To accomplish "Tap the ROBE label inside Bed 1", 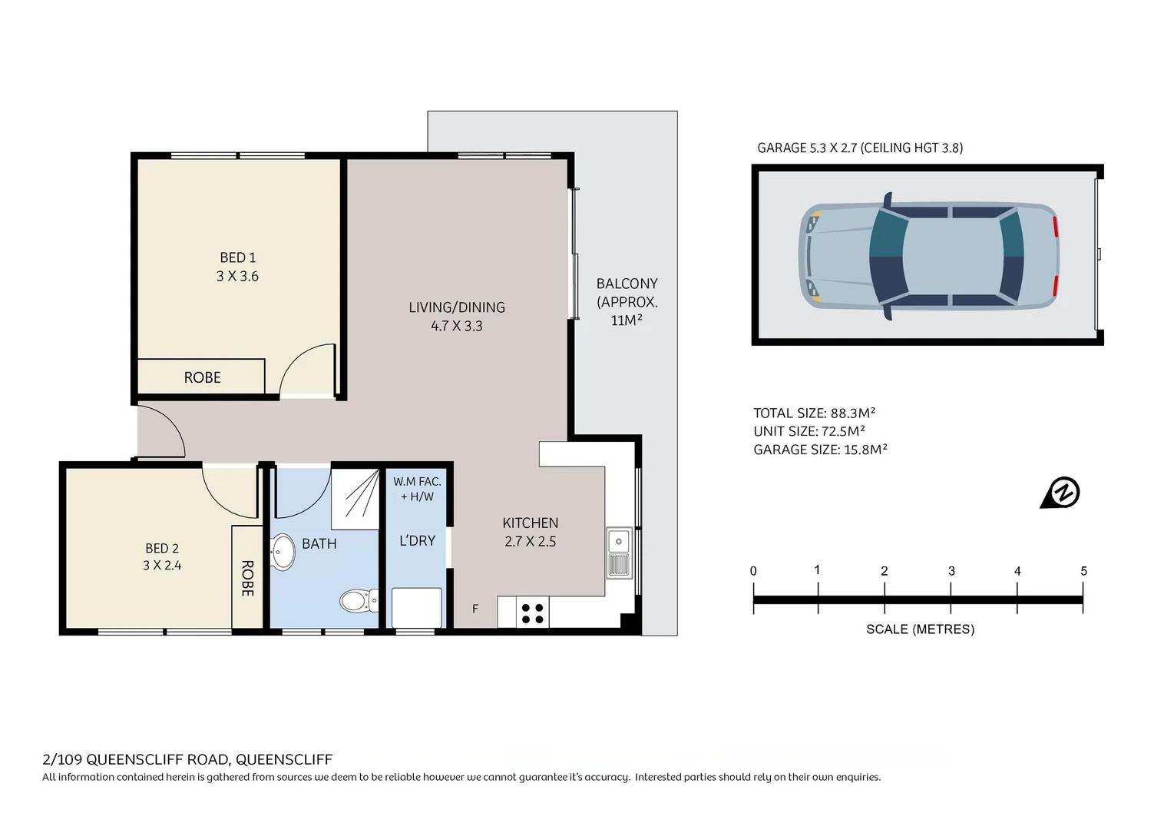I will [x=202, y=377].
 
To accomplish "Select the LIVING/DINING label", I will [x=457, y=307].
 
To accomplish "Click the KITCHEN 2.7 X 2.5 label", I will [x=530, y=532].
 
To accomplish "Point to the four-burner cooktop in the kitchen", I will [x=532, y=613].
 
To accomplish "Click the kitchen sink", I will [x=619, y=541].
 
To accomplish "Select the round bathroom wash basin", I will [x=283, y=552].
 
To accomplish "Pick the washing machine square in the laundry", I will [x=417, y=608].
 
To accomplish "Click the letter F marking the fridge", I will [x=475, y=609].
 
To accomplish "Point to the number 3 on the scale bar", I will [x=951, y=571].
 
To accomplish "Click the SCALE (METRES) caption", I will [x=920, y=629].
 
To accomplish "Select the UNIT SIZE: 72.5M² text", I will [x=809, y=431].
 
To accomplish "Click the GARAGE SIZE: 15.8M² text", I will [x=820, y=450].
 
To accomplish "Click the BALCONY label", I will [x=627, y=284].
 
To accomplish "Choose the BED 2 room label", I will [x=162, y=549].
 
